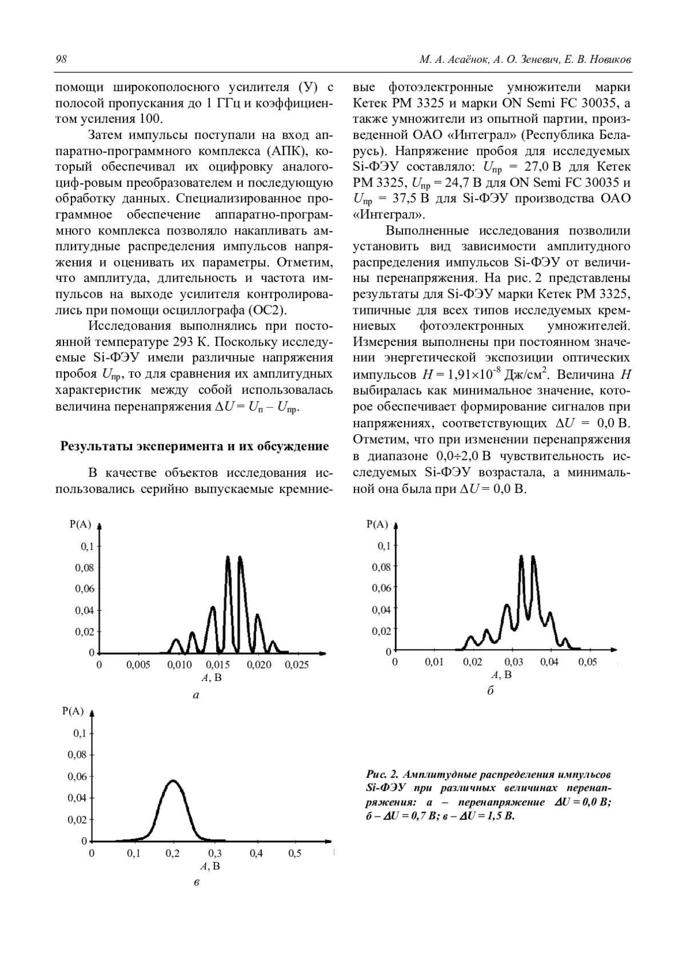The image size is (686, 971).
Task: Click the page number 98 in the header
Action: pyautogui.click(x=62, y=59)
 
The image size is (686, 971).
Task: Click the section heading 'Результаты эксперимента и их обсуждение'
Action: pyautogui.click(x=194, y=446)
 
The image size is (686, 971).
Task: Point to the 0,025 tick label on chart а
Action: pyautogui.click(x=297, y=665)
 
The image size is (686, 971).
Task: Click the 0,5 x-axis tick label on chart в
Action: pyautogui.click(x=294, y=853)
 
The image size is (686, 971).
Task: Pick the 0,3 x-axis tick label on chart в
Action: pyautogui.click(x=214, y=853)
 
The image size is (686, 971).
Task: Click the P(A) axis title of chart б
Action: pyautogui.click(x=377, y=524)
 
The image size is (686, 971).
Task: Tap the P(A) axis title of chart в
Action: pyautogui.click(x=73, y=711)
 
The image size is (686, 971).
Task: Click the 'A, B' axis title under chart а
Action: pyautogui.click(x=212, y=678)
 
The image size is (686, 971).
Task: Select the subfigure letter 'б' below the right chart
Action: pyautogui.click(x=490, y=691)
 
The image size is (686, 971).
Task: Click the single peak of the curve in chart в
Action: pyautogui.click(x=173, y=781)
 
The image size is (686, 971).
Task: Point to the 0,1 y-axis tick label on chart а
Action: pyautogui.click(x=86, y=547)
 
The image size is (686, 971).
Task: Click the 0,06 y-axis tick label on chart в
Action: pyautogui.click(x=78, y=777)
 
